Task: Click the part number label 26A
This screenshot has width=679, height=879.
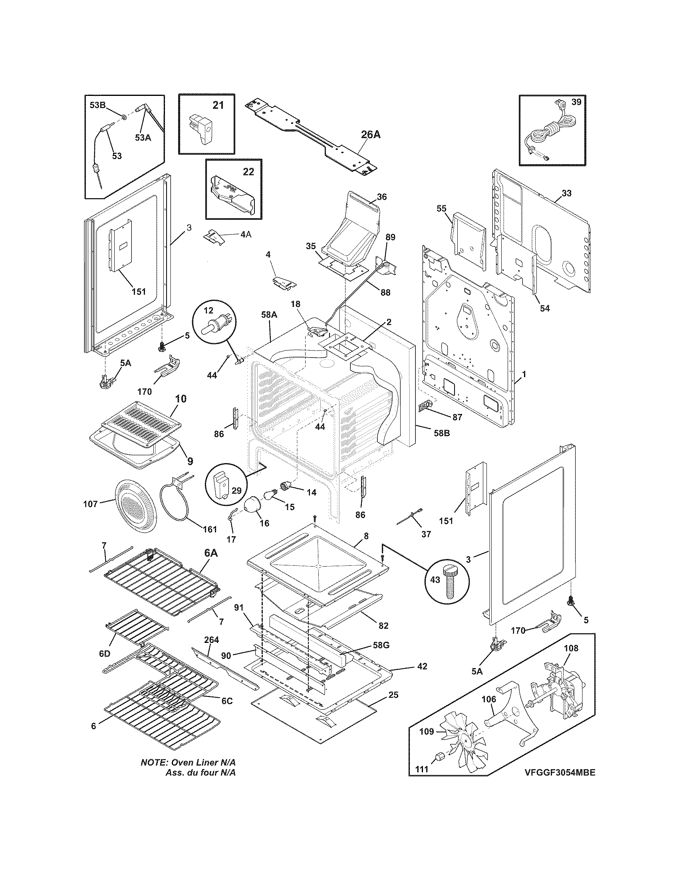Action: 370,134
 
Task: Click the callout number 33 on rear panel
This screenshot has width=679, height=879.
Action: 566,193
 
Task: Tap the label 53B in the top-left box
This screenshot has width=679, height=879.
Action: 97,106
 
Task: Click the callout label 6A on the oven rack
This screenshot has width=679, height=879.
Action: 211,553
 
